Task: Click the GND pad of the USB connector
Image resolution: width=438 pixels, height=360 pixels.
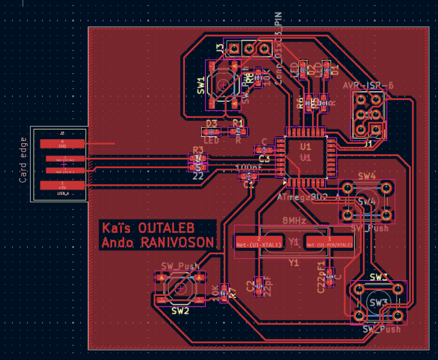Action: (x=62, y=144)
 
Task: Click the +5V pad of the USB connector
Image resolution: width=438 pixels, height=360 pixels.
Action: (x=62, y=185)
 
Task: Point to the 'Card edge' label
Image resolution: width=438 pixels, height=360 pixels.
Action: (x=23, y=160)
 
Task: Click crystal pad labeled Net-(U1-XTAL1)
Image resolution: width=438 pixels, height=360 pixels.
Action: (x=259, y=242)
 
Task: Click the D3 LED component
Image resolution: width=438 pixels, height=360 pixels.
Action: (x=211, y=131)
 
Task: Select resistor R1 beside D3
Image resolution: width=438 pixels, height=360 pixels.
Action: (x=238, y=131)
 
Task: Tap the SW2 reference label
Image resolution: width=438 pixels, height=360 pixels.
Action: (x=180, y=311)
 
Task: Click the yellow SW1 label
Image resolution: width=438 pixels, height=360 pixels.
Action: (x=200, y=86)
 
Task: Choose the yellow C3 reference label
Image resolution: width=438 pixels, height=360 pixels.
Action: (x=264, y=158)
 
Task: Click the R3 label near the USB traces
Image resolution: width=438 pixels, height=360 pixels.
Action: (x=198, y=150)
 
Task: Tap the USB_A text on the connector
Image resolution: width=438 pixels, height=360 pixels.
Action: (x=62, y=194)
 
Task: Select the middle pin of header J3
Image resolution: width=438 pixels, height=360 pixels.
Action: (x=248, y=47)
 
